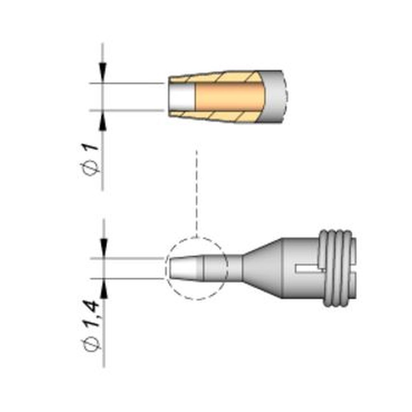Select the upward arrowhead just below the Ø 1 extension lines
point(103,122)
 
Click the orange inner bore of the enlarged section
point(229,97)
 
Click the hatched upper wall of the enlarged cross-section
point(218,77)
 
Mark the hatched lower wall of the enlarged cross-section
point(218,117)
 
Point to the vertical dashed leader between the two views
point(197,194)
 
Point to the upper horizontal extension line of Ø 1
point(128,83)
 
